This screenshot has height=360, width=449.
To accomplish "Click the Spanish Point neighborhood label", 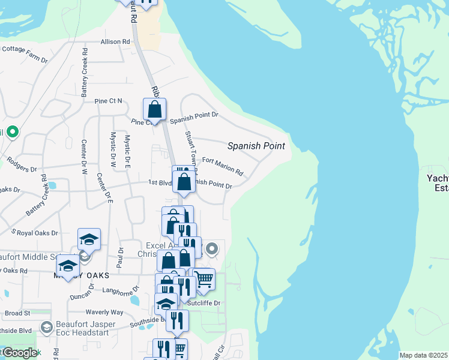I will pyautogui.click(x=256, y=146).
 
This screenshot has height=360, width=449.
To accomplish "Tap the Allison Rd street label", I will pyautogui.click(x=115, y=42).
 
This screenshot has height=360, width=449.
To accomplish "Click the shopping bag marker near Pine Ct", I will pyautogui.click(x=154, y=110).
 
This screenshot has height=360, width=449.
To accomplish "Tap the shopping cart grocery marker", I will pyautogui.click(x=203, y=280).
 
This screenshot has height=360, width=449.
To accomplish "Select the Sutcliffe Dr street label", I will pyautogui.click(x=203, y=303).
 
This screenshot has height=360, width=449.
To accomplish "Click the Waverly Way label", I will pyautogui.click(x=104, y=312).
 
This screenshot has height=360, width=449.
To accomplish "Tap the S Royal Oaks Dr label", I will pyautogui.click(x=35, y=232).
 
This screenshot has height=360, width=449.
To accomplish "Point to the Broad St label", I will pyautogui.click(x=17, y=313).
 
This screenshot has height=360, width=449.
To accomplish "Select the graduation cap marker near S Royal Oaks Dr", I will pyautogui.click(x=89, y=239).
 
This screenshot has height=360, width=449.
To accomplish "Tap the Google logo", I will pyautogui.click(x=19, y=353).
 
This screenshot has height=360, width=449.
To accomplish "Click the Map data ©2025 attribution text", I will pyautogui.click(x=423, y=355).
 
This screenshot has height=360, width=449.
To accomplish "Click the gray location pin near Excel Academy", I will pyautogui.click(x=212, y=248).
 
